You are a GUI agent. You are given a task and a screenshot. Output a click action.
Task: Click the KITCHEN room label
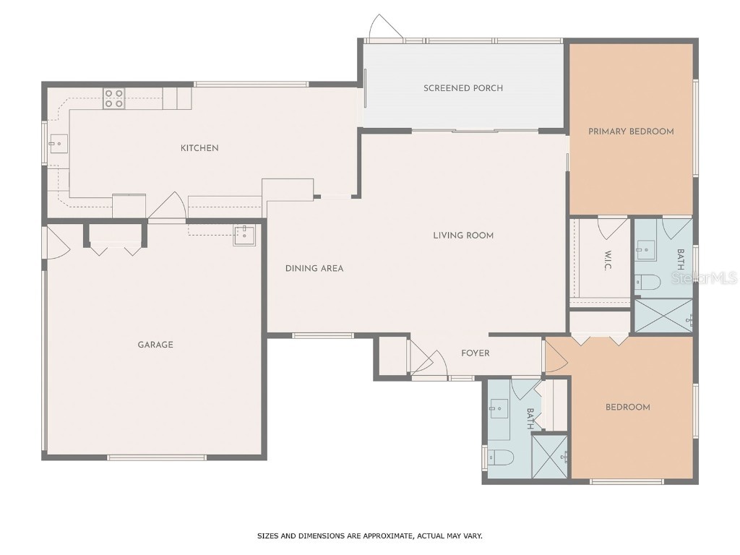[x=199, y=148]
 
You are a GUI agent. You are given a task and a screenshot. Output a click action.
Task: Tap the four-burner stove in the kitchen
[x=113, y=98]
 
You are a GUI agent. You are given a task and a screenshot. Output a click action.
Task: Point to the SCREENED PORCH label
[x=463, y=88]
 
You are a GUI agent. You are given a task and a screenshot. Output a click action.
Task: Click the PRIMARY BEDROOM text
[x=631, y=132]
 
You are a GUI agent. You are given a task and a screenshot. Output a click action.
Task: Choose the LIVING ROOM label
[x=463, y=235]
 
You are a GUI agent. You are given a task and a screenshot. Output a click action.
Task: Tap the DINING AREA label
[x=314, y=268]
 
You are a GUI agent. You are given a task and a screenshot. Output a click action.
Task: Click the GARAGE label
[x=155, y=345]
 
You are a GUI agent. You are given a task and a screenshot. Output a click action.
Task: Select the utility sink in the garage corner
[x=244, y=235]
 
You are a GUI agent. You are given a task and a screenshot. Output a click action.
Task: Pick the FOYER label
[x=476, y=353]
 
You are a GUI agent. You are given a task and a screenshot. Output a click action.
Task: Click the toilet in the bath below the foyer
[x=501, y=457]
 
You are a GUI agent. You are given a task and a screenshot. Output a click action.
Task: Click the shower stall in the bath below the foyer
[x=551, y=456]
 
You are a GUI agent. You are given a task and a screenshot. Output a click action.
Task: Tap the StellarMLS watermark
[x=704, y=277]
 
